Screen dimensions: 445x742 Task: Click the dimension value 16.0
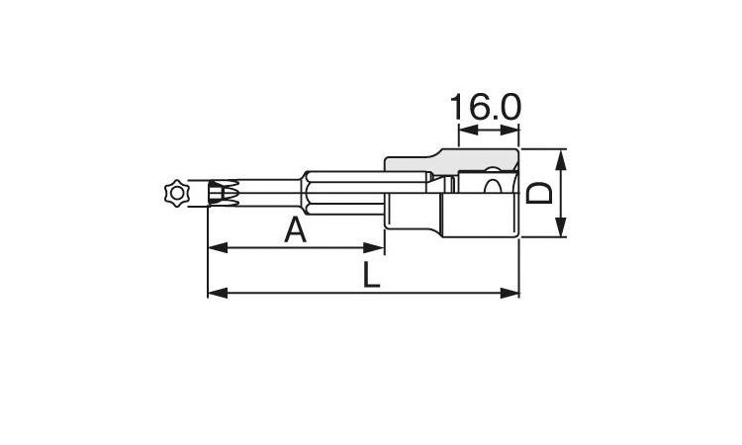[486, 107]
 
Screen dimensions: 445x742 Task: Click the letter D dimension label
[538, 192]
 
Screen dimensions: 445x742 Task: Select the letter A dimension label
[295, 230]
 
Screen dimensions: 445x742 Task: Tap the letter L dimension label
[370, 275]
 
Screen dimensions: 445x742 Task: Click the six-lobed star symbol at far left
[176, 193]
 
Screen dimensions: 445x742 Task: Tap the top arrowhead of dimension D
[561, 156]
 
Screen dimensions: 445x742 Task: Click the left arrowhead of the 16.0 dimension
[464, 130]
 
